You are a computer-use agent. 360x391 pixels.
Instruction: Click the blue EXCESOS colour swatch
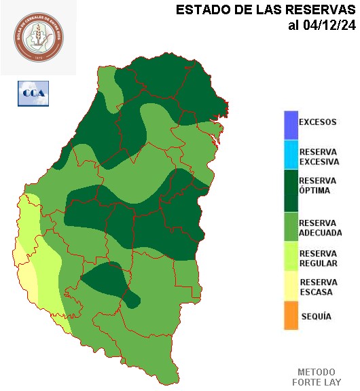tap(291, 124)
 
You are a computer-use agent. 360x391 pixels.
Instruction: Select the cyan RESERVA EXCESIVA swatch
tap(291, 154)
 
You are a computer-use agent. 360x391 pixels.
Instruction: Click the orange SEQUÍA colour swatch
tap(291, 316)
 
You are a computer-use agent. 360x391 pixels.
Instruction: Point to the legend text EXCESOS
tap(317, 123)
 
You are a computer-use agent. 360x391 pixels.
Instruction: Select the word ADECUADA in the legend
tap(320, 233)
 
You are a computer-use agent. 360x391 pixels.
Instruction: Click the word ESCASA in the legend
tap(316, 293)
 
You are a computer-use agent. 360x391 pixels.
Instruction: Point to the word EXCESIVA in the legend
tap(319, 162)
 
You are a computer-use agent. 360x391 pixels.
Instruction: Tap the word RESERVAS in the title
tap(319, 10)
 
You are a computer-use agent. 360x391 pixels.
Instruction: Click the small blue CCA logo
tap(33, 93)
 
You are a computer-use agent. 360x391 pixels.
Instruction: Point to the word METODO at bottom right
tap(317, 372)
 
